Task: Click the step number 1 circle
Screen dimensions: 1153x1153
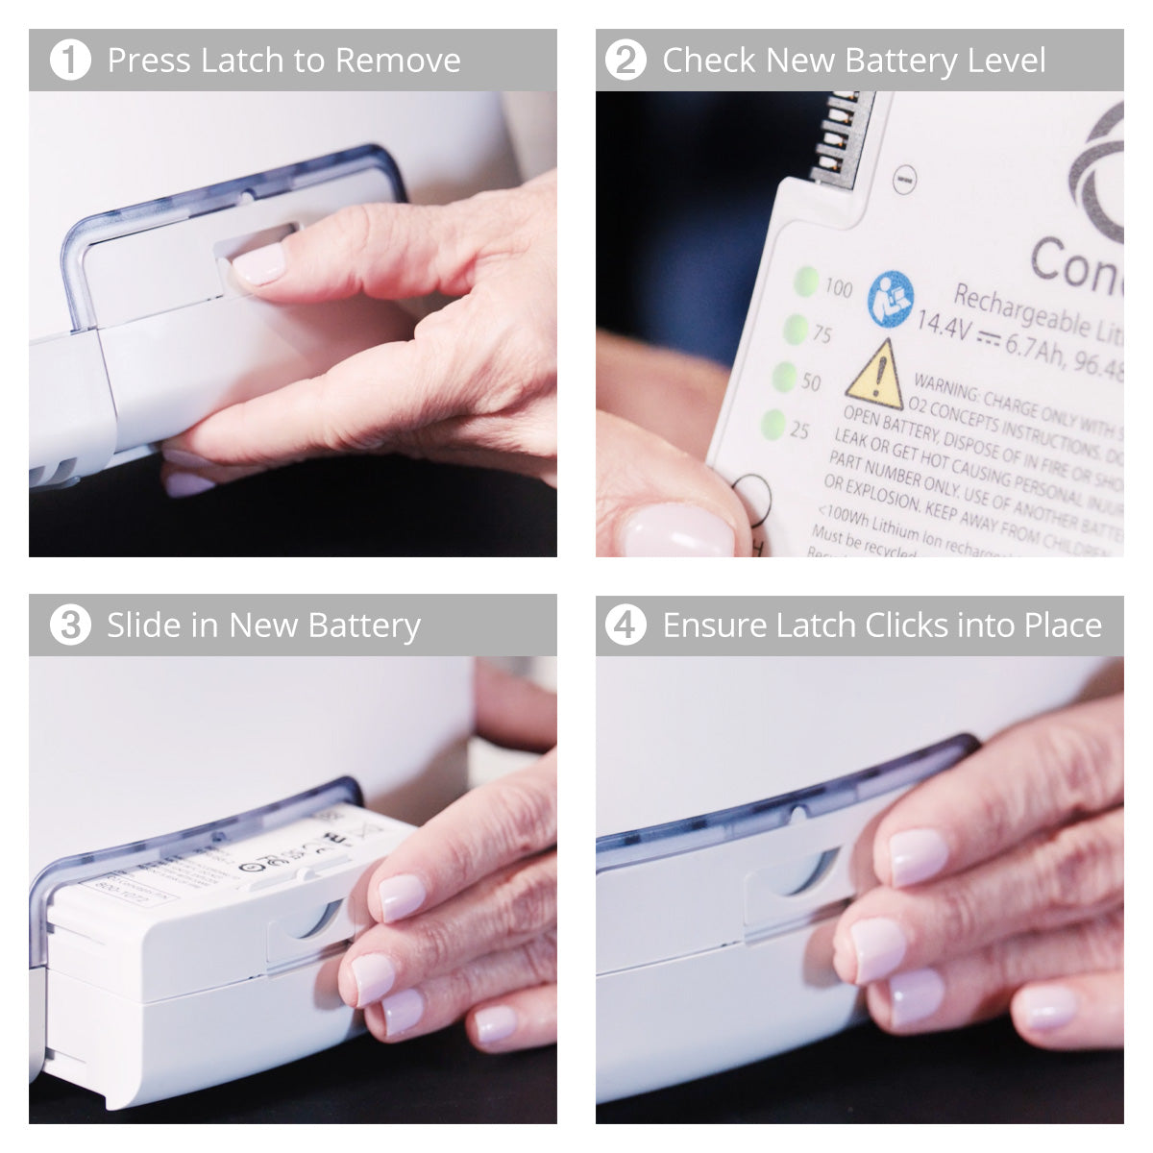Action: (69, 61)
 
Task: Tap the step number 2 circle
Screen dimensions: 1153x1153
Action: (626, 61)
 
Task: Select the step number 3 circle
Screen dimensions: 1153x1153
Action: (69, 626)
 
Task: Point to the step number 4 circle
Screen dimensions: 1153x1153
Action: (626, 626)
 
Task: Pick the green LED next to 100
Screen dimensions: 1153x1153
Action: (806, 282)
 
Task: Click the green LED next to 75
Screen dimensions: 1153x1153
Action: (796, 330)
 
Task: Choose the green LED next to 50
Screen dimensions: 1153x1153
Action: (785, 376)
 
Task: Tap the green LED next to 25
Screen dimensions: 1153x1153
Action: (773, 423)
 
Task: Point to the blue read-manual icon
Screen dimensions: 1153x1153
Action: (890, 299)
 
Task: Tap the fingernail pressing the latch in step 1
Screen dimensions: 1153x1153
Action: (259, 263)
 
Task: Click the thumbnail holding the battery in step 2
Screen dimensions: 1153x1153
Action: (677, 531)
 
